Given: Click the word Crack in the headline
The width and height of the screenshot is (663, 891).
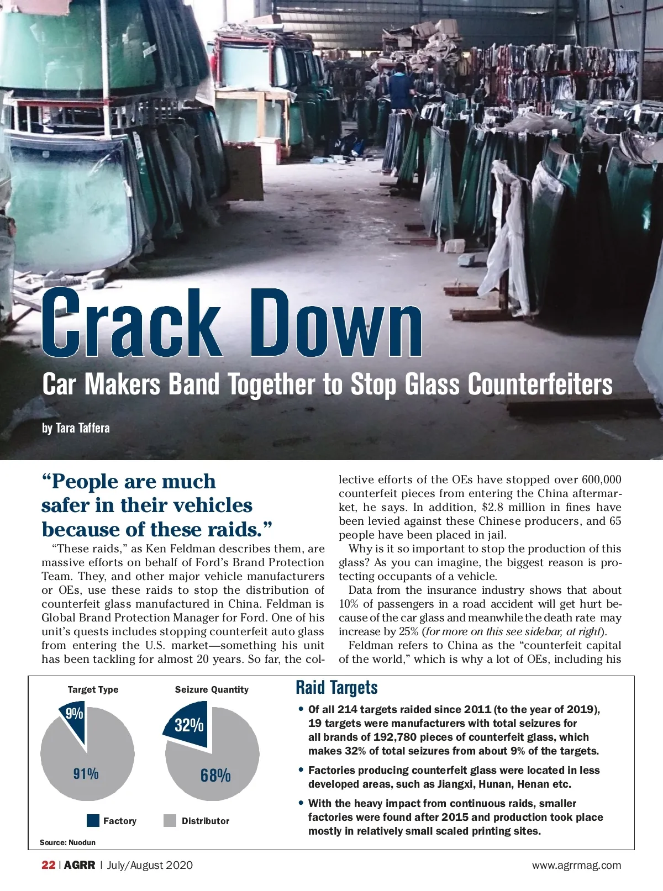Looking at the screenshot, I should [131, 324].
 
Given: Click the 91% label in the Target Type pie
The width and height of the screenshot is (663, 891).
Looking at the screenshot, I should [86, 774].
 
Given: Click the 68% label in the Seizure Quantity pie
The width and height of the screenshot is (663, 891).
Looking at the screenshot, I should [215, 776].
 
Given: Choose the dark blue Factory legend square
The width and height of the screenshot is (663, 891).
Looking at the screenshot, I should [93, 821].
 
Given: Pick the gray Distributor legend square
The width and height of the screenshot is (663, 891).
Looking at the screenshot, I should [170, 821].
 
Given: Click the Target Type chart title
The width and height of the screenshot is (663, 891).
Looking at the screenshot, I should [93, 689].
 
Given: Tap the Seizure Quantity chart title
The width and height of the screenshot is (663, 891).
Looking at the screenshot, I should [212, 689].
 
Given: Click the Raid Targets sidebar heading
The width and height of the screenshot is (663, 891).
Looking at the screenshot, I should [336, 688].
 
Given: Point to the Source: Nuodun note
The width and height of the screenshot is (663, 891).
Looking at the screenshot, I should [67, 842].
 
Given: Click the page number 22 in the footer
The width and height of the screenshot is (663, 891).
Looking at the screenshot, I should [48, 865].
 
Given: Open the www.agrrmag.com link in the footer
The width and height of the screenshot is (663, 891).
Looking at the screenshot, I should [576, 866].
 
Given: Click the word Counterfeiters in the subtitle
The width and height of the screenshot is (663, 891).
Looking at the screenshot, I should [540, 384].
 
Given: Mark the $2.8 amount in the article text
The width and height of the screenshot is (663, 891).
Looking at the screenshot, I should [492, 507].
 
